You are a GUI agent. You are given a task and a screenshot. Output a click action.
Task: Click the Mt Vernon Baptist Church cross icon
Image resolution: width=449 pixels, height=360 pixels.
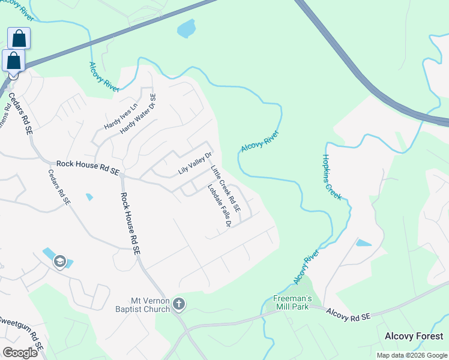point(178,304)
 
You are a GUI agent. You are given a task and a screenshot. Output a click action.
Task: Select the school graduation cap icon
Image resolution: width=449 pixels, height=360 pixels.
point(59,262)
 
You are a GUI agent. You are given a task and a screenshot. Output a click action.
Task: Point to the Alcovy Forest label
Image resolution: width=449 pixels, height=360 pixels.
point(414,337)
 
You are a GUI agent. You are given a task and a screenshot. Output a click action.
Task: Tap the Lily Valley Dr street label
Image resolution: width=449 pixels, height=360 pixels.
point(195,163)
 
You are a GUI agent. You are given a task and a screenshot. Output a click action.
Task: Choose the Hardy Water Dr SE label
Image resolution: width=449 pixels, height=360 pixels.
point(137,113)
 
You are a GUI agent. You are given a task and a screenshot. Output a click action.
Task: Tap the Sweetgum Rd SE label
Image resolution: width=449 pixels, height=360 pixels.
point(21,332)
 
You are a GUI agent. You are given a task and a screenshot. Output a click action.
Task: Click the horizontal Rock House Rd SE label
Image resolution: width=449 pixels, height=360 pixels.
point(87,167)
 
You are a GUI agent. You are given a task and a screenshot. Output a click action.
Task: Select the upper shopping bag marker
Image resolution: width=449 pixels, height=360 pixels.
point(19,38)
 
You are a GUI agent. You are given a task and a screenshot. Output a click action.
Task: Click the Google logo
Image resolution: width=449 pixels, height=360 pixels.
point(20,352)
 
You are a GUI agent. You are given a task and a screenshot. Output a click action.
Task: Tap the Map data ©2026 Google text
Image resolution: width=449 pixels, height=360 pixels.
point(412,355)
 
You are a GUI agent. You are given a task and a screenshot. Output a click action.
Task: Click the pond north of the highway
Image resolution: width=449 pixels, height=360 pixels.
point(187,28)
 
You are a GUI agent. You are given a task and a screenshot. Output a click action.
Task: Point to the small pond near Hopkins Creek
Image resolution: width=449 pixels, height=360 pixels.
point(364,243)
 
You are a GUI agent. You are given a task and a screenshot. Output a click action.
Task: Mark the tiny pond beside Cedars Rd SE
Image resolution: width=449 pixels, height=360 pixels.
point(89,197)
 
